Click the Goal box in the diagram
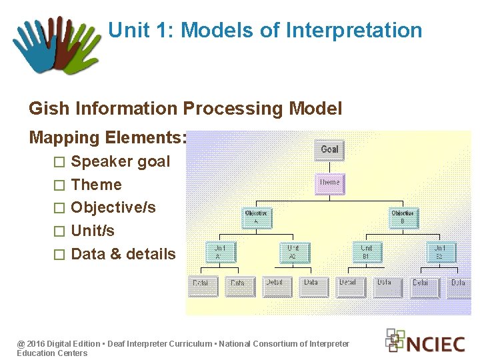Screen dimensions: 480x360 329,149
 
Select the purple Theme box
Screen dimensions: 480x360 329,183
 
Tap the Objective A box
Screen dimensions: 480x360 257,217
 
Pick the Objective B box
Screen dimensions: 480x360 403,217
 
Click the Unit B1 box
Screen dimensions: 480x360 367,251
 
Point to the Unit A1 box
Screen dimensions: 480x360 219,251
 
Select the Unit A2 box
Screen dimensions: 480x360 293,251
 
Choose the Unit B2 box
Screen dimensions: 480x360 441,251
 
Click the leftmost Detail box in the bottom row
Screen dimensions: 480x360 201,285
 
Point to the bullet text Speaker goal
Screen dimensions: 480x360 121,161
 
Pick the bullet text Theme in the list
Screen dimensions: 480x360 97,185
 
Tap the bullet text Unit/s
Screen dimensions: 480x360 93,231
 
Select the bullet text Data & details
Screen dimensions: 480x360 123,254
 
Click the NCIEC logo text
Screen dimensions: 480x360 435,343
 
